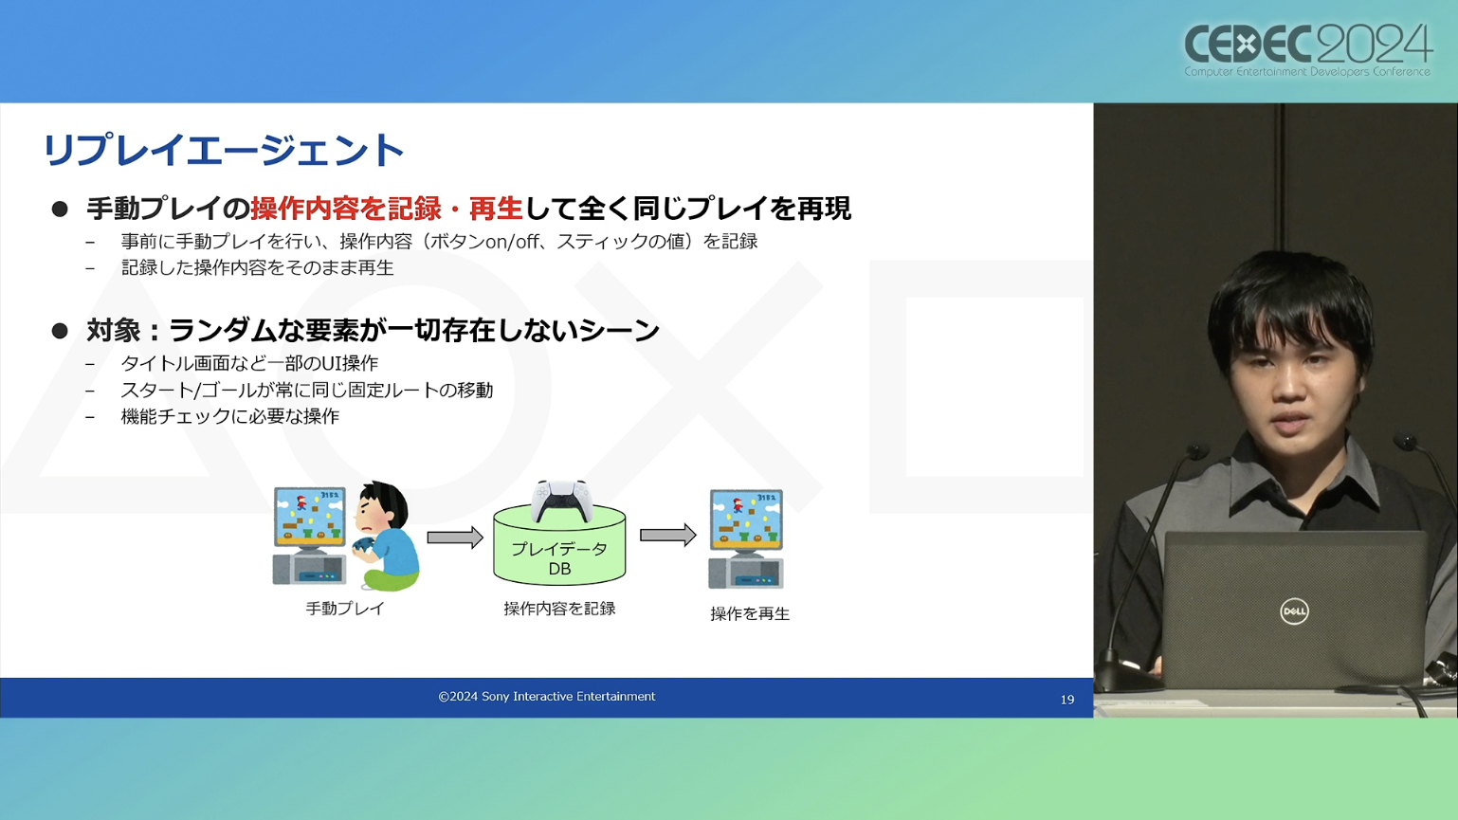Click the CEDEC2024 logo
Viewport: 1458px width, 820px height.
(1307, 51)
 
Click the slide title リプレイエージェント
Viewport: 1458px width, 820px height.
(224, 150)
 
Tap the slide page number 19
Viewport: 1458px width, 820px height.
(1067, 700)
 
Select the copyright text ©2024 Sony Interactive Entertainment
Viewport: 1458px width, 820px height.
(547, 697)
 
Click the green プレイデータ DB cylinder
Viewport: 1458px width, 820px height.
(559, 547)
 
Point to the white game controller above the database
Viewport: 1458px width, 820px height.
(562, 501)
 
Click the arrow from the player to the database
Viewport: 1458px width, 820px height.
(455, 538)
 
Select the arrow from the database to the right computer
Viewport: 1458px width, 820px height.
(667, 536)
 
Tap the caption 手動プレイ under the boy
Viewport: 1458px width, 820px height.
(346, 609)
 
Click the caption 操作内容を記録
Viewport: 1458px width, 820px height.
(559, 609)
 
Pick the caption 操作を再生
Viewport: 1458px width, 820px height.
(750, 613)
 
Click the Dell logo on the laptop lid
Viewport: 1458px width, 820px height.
(1294, 611)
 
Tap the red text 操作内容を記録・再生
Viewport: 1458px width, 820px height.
(387, 209)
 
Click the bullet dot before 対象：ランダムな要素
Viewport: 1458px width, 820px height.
(60, 331)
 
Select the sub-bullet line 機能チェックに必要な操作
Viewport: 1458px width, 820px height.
(230, 416)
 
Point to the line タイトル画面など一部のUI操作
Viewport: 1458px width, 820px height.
(250, 362)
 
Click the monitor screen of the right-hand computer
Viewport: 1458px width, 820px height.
(746, 518)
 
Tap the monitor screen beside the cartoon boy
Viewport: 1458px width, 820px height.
(309, 516)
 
